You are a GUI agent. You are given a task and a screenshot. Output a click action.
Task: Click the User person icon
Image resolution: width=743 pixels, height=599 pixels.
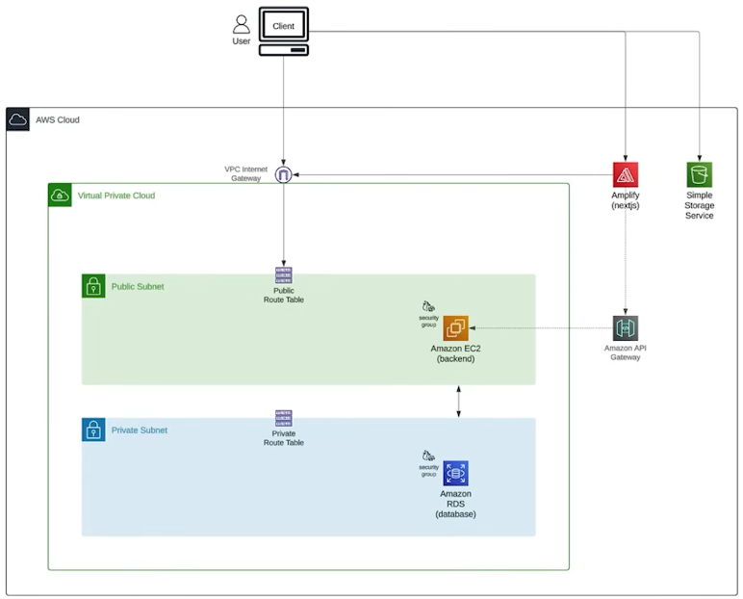click(x=241, y=24)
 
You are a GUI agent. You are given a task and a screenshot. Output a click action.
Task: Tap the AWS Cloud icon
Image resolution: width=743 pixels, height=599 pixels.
click(x=17, y=119)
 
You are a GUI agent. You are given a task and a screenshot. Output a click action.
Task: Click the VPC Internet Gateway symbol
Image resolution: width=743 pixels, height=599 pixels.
click(x=283, y=174)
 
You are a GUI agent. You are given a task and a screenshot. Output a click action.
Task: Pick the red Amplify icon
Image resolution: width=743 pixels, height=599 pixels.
click(x=626, y=174)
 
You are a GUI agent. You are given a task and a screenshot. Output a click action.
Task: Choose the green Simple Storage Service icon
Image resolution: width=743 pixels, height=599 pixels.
click(x=700, y=174)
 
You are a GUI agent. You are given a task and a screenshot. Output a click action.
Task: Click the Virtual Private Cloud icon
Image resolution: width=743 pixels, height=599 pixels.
click(x=60, y=195)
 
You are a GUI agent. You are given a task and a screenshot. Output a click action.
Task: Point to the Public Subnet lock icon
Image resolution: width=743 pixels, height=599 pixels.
click(x=93, y=286)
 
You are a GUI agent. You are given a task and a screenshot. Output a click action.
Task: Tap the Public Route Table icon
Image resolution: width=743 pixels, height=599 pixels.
click(x=283, y=274)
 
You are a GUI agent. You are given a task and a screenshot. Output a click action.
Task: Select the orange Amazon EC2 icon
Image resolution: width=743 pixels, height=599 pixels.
click(x=455, y=327)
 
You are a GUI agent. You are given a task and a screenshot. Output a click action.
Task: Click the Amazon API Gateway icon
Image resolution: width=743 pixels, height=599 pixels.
click(x=626, y=327)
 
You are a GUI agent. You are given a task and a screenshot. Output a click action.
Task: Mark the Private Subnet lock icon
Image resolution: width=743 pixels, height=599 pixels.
click(x=93, y=430)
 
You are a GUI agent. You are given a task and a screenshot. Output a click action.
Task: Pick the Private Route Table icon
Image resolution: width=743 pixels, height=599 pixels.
click(x=283, y=418)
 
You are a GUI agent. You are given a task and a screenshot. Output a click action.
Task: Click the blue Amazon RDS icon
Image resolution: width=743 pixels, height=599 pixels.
click(x=455, y=473)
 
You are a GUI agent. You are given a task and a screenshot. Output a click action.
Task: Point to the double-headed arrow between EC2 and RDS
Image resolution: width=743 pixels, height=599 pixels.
click(x=458, y=401)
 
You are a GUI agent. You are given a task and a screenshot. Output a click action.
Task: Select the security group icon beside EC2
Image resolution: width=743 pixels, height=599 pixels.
click(x=428, y=306)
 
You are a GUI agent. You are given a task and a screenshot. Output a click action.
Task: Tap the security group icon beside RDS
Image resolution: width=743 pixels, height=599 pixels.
click(x=428, y=456)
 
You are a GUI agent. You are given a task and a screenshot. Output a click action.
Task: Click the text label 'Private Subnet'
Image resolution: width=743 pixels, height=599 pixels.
click(x=140, y=430)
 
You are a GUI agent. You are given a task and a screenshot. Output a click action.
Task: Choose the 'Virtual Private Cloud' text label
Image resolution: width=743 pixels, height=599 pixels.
click(x=116, y=195)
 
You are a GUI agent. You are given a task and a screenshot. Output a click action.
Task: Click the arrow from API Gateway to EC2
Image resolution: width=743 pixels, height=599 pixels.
click(x=539, y=327)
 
